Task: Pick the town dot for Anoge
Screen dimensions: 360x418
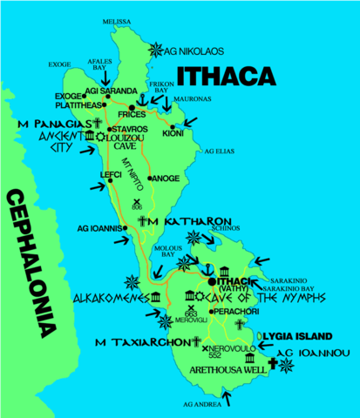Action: [150, 179]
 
